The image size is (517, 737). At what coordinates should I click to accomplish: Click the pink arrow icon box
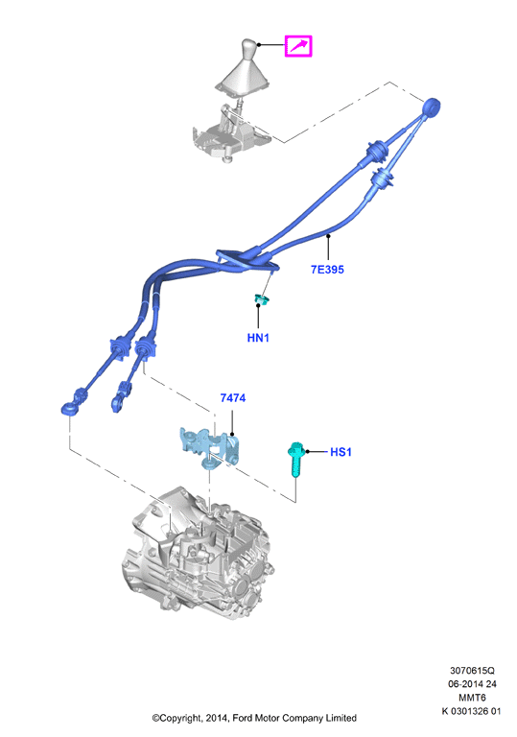(298, 46)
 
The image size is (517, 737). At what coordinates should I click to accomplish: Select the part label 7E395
(327, 270)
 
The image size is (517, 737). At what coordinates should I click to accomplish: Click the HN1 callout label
(258, 338)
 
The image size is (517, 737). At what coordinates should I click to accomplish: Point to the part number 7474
(233, 398)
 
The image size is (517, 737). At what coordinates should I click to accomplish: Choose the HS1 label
(341, 452)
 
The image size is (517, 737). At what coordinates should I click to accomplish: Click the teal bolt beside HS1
(295, 459)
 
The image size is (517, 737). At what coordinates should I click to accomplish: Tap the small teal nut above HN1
(261, 299)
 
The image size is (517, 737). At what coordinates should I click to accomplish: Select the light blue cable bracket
(210, 446)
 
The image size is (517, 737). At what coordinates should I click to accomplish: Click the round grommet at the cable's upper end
(431, 107)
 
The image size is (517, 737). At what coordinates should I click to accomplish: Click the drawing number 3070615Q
(472, 670)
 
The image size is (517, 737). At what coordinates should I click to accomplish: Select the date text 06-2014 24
(472, 684)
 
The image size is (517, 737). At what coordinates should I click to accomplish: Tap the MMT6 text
(472, 698)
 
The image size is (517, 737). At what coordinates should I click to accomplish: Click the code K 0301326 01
(471, 711)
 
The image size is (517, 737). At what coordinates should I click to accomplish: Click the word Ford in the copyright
(242, 718)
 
